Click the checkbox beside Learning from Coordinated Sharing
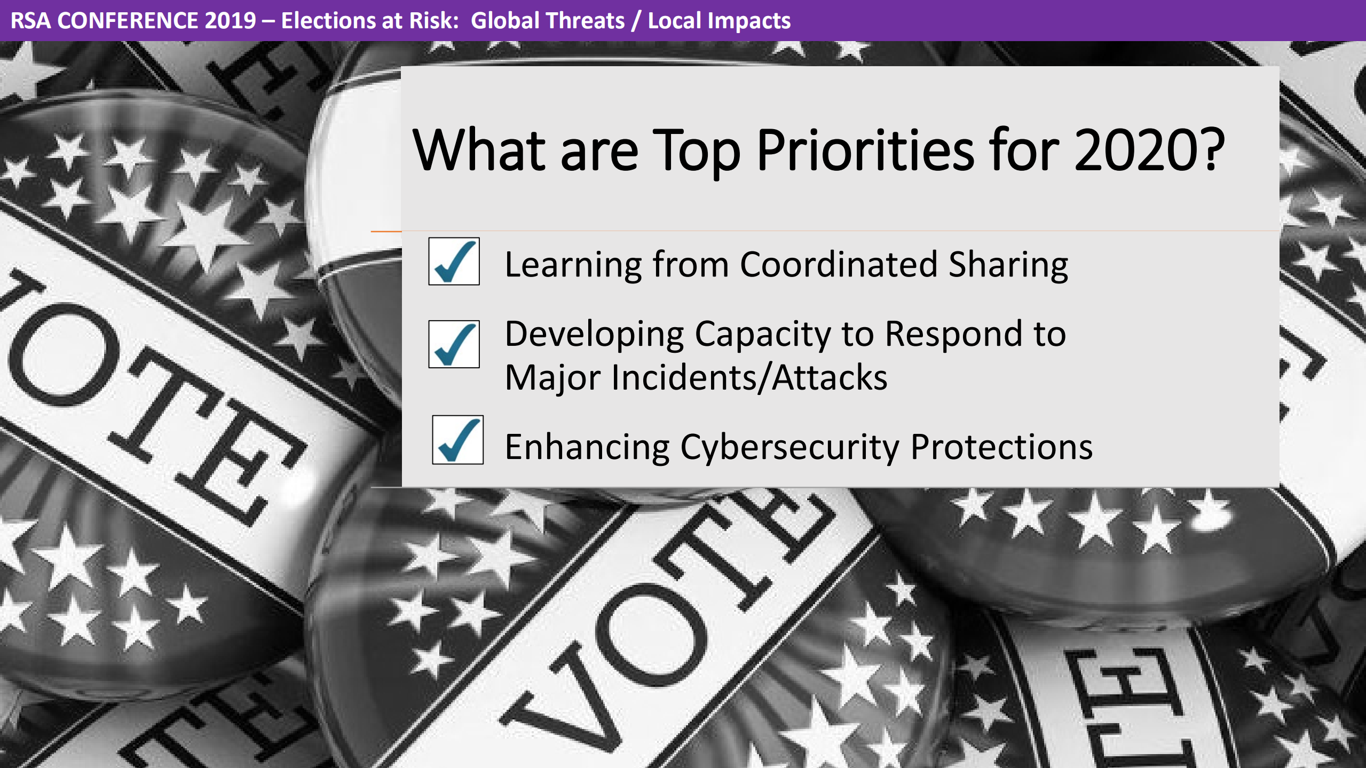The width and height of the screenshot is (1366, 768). (x=454, y=262)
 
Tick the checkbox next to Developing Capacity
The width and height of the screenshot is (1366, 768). (x=454, y=344)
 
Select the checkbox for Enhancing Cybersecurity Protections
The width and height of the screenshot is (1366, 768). (x=457, y=440)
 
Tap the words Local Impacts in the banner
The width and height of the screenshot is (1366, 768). (x=719, y=21)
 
